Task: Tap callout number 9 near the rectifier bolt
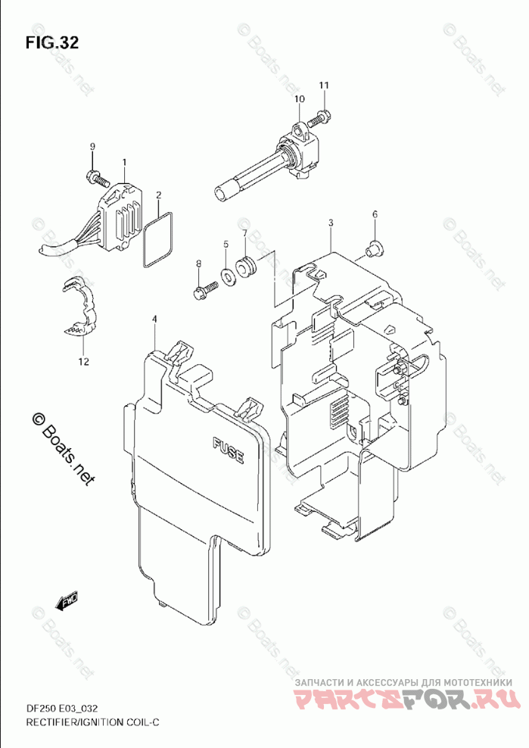click(92, 146)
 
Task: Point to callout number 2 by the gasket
click(158, 195)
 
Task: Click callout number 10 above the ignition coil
click(298, 99)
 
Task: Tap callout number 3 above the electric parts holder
click(331, 223)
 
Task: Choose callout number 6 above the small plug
click(374, 215)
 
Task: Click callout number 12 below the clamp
click(82, 361)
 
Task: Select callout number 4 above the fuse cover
click(154, 319)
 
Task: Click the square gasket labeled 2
click(157, 240)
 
